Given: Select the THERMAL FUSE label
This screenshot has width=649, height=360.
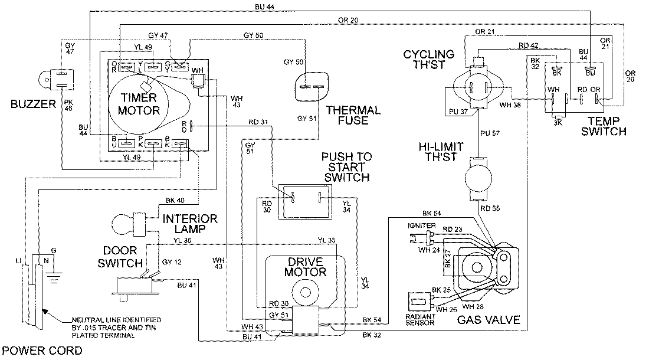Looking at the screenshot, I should click(353, 116).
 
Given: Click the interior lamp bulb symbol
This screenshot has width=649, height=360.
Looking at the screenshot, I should click(121, 224).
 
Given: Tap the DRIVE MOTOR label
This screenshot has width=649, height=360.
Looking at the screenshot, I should click(306, 266).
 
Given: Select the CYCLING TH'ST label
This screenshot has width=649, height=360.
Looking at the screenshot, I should click(429, 60).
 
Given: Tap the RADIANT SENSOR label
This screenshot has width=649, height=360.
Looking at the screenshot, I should click(421, 319).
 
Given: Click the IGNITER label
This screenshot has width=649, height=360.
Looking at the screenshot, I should click(421, 226).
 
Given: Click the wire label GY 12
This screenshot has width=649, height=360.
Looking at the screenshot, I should click(171, 262).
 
